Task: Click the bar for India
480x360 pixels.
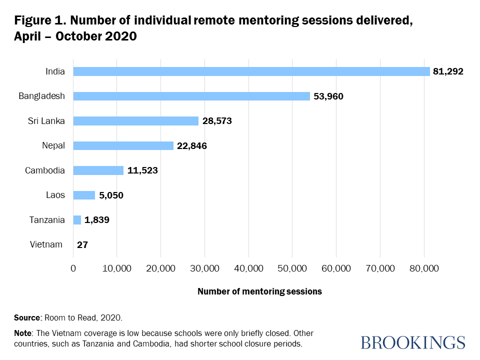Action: click(251, 71)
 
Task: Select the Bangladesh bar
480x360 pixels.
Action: click(191, 96)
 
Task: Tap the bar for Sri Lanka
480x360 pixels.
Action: click(136, 120)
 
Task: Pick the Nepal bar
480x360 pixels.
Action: click(123, 145)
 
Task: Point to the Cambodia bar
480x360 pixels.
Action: click(98, 170)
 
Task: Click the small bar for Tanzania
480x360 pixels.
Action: click(77, 220)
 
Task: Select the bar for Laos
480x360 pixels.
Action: click(84, 195)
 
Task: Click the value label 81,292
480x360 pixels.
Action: click(448, 71)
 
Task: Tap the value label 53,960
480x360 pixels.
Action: click(328, 96)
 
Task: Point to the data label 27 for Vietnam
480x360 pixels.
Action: click(83, 245)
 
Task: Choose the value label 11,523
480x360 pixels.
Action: click(142, 170)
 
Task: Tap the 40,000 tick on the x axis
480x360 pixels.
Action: click(248, 268)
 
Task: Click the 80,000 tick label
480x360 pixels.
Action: click(424, 268)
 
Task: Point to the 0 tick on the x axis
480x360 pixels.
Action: click(73, 268)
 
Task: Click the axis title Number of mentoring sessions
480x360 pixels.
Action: click(259, 291)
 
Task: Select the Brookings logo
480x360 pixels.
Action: click(412, 342)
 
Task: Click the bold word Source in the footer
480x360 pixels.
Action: click(26, 317)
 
